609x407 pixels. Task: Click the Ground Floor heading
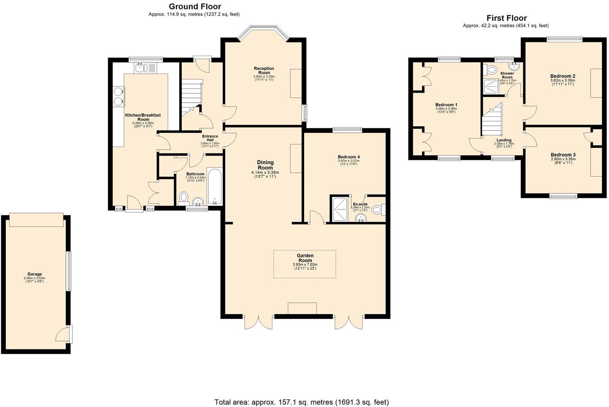coord(195,6)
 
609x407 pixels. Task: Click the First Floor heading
coord(506,18)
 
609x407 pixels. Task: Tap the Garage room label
coord(35,274)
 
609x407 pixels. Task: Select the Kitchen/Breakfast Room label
coord(143,117)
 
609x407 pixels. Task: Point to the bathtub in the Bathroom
coord(214,186)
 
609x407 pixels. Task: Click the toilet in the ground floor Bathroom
coord(184,197)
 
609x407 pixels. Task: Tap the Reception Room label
coord(264,71)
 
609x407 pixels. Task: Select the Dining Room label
coord(265,165)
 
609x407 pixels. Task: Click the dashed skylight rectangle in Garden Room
coord(304,264)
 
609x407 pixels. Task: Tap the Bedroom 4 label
coord(349,157)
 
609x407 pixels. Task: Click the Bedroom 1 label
coord(446,105)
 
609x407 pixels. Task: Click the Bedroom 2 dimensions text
coord(562,82)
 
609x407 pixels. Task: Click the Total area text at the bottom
coord(302,402)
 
